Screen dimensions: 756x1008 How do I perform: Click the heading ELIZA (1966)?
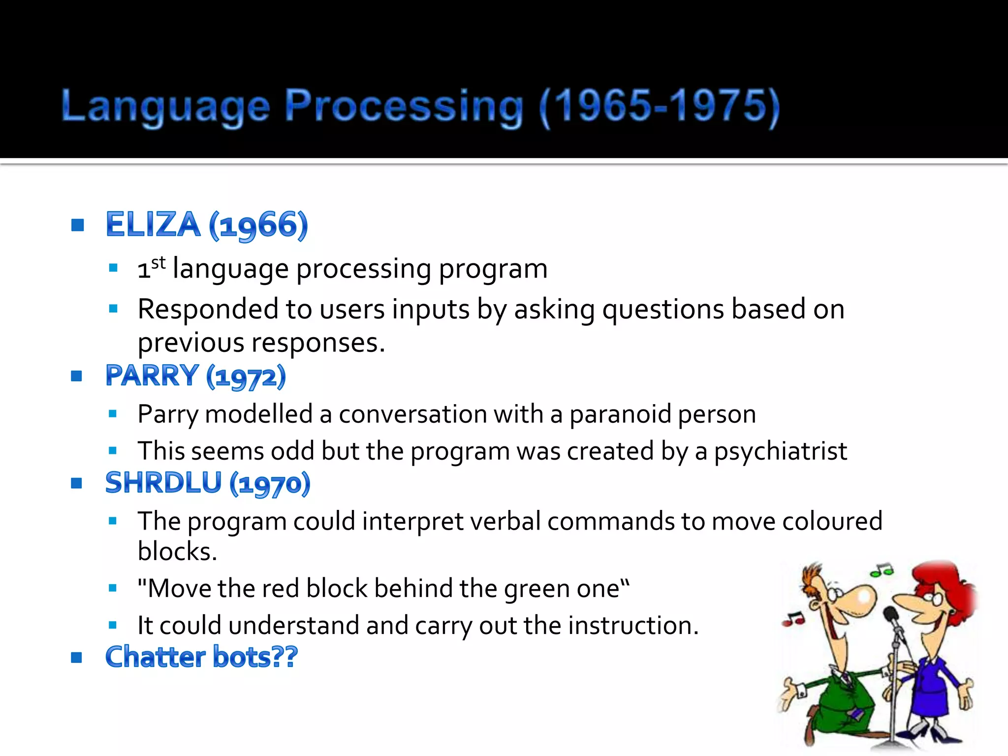click(x=207, y=225)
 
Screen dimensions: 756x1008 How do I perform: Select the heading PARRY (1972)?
click(x=195, y=376)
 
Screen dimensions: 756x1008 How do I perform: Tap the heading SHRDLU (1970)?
click(x=208, y=483)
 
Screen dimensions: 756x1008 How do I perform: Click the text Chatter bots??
click(x=201, y=657)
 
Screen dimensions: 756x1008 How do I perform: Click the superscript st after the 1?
click(x=158, y=263)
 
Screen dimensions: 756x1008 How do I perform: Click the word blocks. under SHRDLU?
click(x=177, y=551)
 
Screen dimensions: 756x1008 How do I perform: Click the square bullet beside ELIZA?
click(x=78, y=225)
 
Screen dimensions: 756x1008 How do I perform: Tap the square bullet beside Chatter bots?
click(x=76, y=657)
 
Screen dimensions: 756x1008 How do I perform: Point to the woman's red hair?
click(x=943, y=581)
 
